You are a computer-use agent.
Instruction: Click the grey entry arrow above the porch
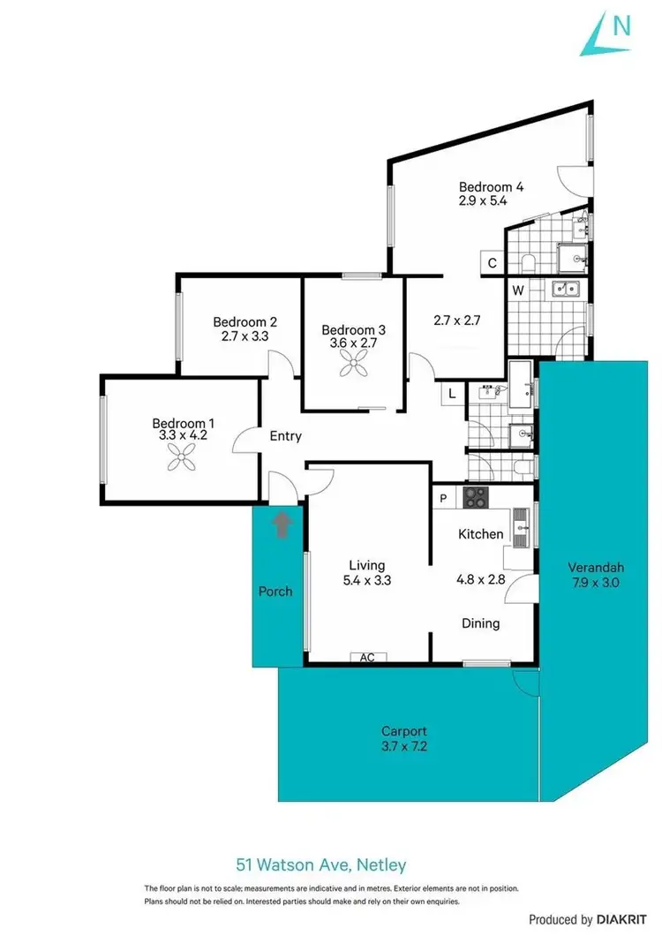tap(282, 524)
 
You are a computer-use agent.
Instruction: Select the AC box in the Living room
tap(368, 657)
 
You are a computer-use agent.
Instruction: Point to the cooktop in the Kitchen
tap(475, 498)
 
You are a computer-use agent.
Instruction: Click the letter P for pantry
tap(444, 499)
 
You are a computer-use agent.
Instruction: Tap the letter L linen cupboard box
tap(453, 394)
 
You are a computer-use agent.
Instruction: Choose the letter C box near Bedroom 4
tap(492, 263)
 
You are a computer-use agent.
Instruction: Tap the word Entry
tap(285, 436)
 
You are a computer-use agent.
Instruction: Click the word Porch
tap(275, 591)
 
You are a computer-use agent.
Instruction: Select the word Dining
tap(481, 623)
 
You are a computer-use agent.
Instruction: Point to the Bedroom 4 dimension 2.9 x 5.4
tap(484, 201)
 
